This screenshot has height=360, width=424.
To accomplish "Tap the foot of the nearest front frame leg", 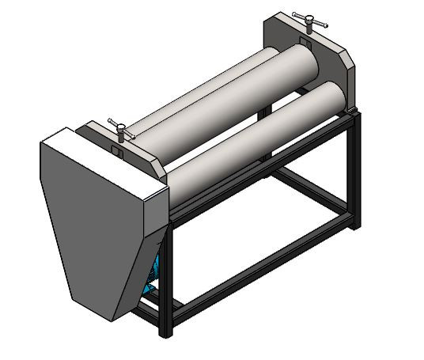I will (166, 332).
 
